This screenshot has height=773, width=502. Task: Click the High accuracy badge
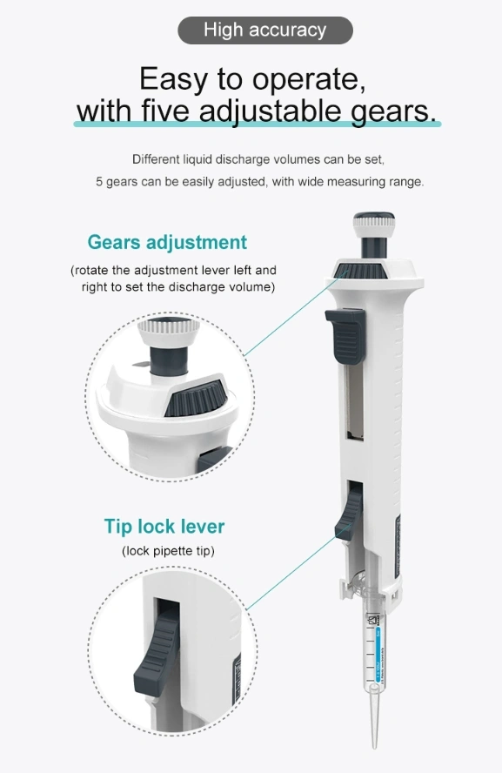tap(265, 30)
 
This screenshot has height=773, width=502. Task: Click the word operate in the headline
tap(309, 78)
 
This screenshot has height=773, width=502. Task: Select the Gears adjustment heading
tap(167, 242)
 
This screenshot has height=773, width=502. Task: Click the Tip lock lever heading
tap(164, 526)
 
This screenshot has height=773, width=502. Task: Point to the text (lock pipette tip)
tap(168, 551)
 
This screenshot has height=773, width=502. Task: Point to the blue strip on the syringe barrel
tap(378, 655)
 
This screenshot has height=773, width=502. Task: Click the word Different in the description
tap(156, 159)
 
